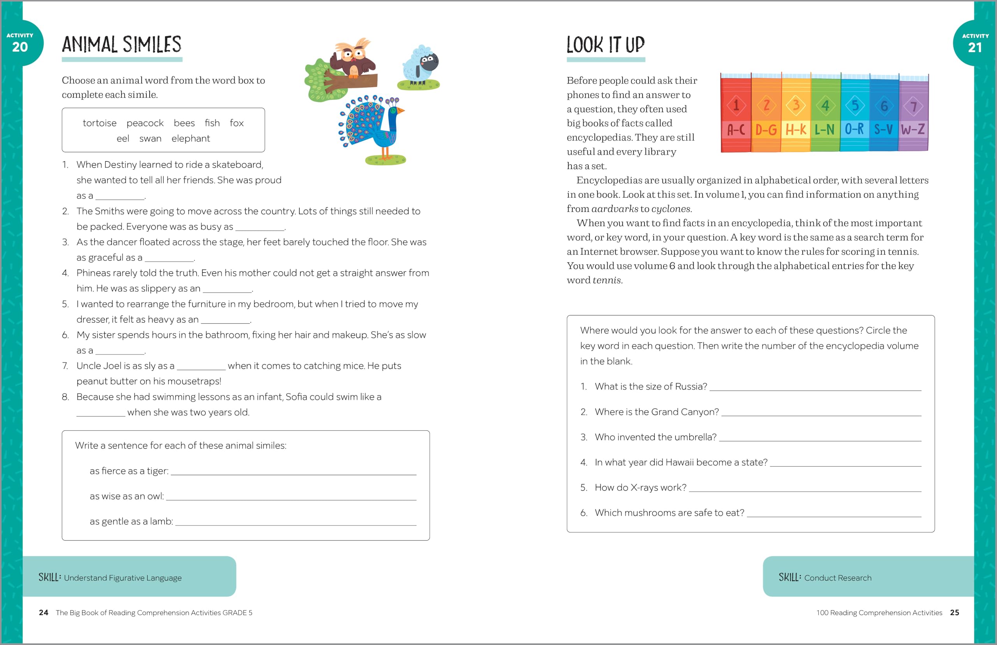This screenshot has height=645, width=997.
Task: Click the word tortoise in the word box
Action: click(99, 123)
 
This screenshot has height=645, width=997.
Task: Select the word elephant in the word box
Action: click(190, 139)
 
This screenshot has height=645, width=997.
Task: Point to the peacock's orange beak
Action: click(401, 111)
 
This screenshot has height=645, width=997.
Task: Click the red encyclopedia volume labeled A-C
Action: click(736, 113)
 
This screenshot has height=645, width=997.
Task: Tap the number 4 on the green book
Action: click(825, 106)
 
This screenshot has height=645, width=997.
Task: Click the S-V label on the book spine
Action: click(884, 129)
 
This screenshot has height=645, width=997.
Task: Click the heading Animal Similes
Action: click(122, 45)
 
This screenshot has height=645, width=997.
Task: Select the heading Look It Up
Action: click(606, 45)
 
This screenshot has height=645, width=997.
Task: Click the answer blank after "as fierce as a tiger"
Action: click(293, 471)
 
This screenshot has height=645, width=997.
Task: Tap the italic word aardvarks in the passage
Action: click(614, 209)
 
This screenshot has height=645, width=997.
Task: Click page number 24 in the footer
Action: click(44, 613)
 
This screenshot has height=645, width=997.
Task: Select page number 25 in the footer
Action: click(954, 613)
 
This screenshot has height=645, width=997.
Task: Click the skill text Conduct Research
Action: click(837, 578)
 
